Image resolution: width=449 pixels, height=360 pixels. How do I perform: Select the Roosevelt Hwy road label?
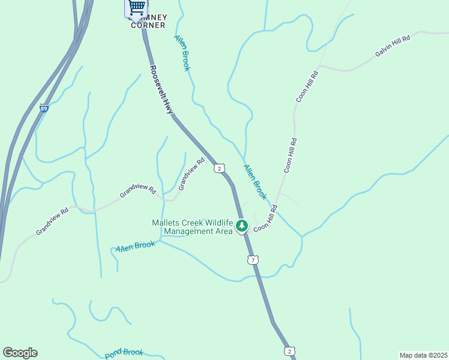point(161,89)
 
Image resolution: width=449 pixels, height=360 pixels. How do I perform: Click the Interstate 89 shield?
point(44,109)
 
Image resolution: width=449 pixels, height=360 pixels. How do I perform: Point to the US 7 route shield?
point(253,259)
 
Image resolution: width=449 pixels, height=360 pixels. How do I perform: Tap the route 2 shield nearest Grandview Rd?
point(220,168)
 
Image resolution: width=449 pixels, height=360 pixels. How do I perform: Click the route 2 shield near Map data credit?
point(289,351)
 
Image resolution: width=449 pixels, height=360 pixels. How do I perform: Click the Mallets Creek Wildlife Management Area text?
point(192,227)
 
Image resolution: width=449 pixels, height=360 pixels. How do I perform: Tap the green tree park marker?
point(242,226)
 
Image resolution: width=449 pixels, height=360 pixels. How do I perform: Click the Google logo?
point(20,353)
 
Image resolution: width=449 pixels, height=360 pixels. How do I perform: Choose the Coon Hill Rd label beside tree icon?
point(265,219)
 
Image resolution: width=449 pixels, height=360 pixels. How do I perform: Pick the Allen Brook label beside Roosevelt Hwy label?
point(182,53)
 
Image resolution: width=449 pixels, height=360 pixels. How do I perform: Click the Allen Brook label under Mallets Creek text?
point(136,246)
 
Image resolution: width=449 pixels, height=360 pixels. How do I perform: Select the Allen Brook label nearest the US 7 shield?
point(255,181)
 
